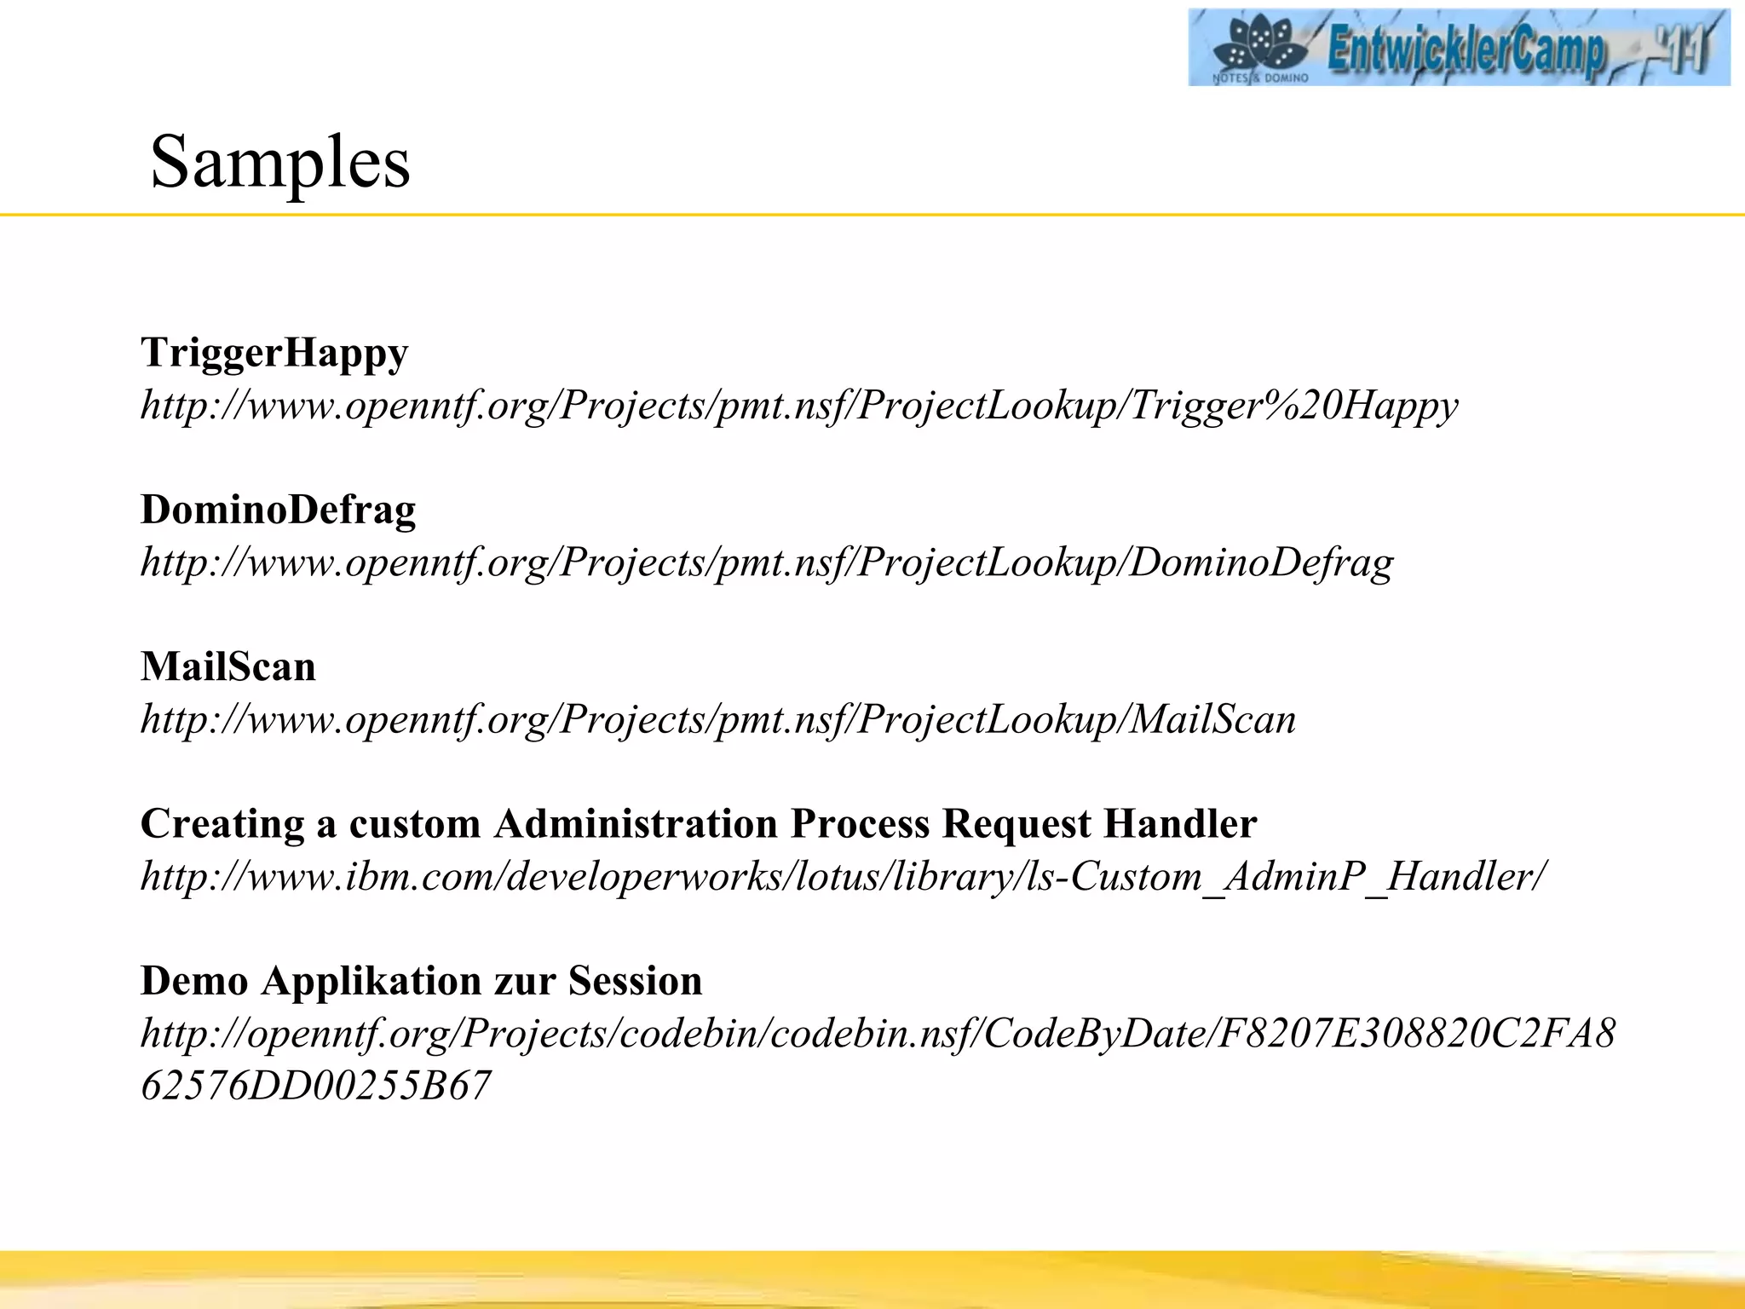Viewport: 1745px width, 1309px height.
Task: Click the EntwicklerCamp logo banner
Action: pos(1459,48)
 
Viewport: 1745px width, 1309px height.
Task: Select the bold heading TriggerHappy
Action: pos(274,353)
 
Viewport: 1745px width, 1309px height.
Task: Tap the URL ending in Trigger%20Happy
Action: pos(799,406)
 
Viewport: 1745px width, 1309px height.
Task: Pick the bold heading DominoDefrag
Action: pos(278,510)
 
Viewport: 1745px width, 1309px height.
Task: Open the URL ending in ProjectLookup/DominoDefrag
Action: pos(767,562)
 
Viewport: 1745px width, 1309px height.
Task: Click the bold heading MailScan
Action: pos(228,666)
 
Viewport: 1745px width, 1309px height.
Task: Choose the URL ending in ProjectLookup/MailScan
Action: pos(718,720)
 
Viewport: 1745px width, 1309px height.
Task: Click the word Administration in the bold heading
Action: pos(636,824)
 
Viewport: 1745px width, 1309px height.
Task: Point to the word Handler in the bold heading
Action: pos(1179,824)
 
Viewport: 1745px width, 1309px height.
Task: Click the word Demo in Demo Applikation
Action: pos(194,981)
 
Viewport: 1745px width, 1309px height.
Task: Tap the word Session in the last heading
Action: pos(635,981)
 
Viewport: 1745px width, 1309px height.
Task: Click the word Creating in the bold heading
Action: pos(222,824)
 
